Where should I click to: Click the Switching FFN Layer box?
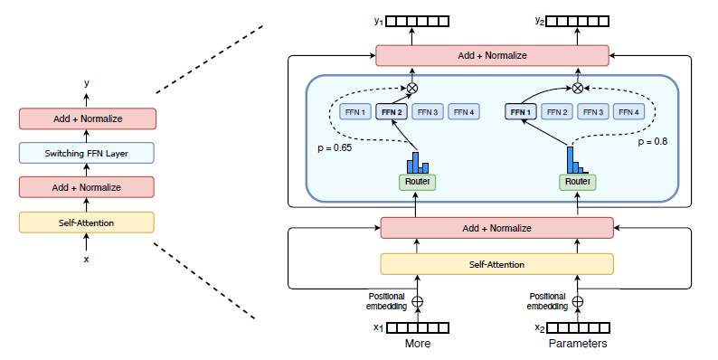tap(87, 153)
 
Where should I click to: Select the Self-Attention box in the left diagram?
tap(87, 222)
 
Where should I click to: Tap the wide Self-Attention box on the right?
tap(496, 264)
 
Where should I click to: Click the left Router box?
tap(417, 182)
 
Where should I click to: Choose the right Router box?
tap(578, 182)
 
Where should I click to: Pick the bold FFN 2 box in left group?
tap(392, 112)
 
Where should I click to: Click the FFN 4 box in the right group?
tap(628, 112)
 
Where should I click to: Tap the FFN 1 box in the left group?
tap(354, 112)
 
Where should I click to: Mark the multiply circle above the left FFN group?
tap(412, 88)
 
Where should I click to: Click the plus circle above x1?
tap(417, 302)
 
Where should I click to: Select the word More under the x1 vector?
tap(417, 344)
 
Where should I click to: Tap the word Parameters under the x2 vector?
tap(578, 344)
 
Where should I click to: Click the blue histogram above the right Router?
tap(574, 160)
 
